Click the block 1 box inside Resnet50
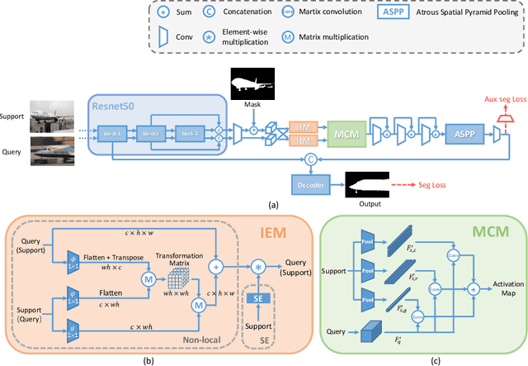point(114,132)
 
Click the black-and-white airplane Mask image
point(257,84)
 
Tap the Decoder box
point(311,183)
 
